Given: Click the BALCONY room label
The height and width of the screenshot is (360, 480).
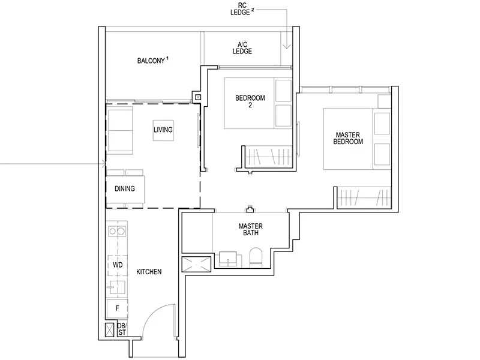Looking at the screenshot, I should point(152,61).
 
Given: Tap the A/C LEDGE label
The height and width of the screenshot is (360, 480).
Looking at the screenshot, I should point(242,47).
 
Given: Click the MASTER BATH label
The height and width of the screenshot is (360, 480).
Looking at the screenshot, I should point(248,230).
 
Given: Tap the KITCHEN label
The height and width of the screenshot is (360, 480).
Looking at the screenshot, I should point(148,272).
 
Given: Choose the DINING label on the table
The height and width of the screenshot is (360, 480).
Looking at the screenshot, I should point(125,188).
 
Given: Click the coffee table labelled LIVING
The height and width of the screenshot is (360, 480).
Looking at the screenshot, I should point(163,129).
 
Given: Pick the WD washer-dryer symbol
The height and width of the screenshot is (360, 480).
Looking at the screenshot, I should point(118,264).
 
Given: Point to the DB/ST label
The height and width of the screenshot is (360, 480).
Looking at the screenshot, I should point(121,329).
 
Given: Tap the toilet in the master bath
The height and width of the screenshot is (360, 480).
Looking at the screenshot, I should point(255,256).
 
